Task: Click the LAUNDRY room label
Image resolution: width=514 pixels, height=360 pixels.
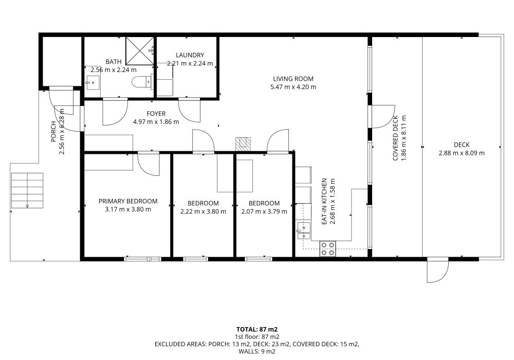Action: tap(190, 55)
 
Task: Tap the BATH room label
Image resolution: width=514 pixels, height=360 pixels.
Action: tap(114, 61)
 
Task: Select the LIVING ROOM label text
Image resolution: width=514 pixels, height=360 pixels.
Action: tap(293, 79)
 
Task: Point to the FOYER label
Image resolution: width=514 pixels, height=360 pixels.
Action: tap(156, 114)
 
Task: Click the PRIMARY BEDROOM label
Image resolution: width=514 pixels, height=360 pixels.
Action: tap(128, 201)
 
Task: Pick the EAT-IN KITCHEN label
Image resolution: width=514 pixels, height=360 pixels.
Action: tap(324, 201)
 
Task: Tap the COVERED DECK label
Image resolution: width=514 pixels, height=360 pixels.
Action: tap(395, 138)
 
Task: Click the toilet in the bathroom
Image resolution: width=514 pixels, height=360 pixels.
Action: tap(142, 81)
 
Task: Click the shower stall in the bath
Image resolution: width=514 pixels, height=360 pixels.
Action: tap(140, 51)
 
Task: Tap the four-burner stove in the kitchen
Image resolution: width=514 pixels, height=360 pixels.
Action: tap(327, 248)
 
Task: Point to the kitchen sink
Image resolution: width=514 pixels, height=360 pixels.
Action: tap(304, 230)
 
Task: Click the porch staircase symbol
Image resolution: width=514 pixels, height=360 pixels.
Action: tap(27, 190)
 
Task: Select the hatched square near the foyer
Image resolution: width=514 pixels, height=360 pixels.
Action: tap(243, 145)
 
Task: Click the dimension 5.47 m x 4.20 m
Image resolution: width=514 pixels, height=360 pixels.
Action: tap(293, 87)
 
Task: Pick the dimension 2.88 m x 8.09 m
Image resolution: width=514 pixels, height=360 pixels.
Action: tap(462, 153)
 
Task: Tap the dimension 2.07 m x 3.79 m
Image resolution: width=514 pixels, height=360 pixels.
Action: tap(264, 211)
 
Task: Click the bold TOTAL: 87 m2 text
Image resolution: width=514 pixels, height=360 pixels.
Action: tap(257, 329)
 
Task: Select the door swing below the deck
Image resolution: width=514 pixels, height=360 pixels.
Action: tap(437, 270)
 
